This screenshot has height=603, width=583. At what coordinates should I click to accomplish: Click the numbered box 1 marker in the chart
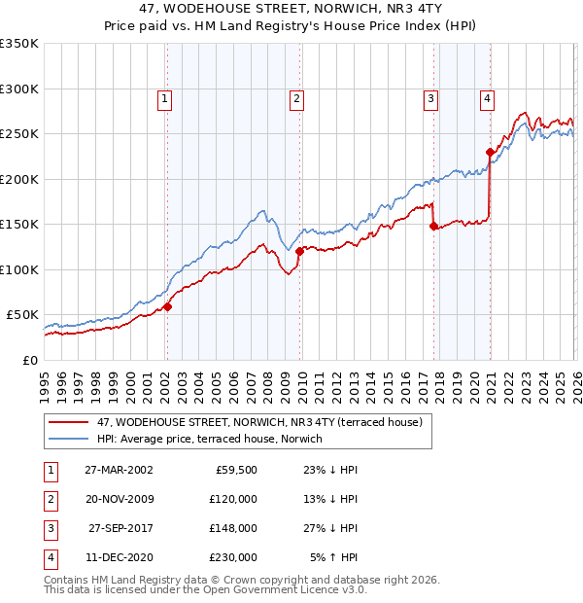[166, 97]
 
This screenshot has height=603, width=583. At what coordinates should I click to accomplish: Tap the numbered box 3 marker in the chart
[430, 97]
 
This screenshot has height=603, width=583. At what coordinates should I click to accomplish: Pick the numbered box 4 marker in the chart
[486, 97]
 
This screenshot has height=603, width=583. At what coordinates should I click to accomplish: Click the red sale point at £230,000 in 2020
[489, 152]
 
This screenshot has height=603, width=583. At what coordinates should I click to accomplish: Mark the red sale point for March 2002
[167, 306]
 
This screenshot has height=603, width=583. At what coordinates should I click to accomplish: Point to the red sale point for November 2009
[299, 251]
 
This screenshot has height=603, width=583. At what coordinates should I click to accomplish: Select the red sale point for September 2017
[433, 226]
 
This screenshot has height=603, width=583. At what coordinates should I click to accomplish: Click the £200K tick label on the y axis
[19, 179]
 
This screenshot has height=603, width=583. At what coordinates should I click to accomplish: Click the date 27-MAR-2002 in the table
[118, 469]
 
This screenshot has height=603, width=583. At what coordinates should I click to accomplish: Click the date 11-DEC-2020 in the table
[118, 557]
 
